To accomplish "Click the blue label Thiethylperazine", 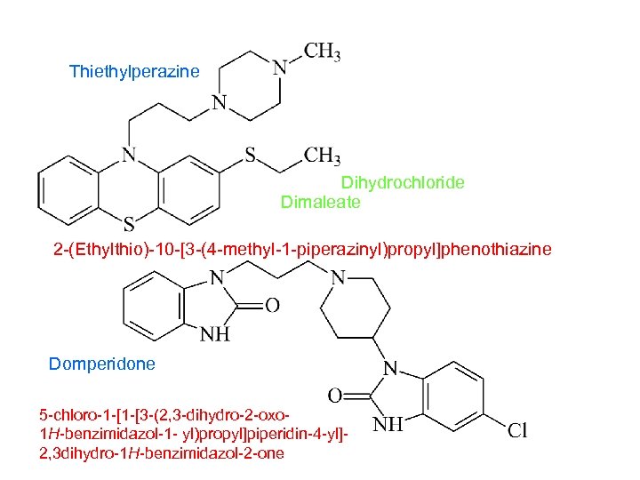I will [x=134, y=71].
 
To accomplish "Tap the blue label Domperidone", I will [x=101, y=364].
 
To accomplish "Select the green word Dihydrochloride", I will [x=403, y=183].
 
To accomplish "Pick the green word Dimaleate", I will [x=321, y=202].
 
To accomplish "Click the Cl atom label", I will [x=517, y=431].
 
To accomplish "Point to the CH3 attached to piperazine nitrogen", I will [x=322, y=52].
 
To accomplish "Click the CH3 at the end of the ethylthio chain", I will [x=322, y=156].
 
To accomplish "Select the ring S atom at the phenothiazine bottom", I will [x=129, y=221].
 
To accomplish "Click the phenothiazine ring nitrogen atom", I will [x=129, y=155].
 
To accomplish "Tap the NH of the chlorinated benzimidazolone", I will [x=388, y=425].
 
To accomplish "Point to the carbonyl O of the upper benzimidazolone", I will [x=272, y=306].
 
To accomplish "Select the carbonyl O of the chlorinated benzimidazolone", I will [x=335, y=394].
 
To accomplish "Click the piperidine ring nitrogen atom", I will [x=338, y=277].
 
